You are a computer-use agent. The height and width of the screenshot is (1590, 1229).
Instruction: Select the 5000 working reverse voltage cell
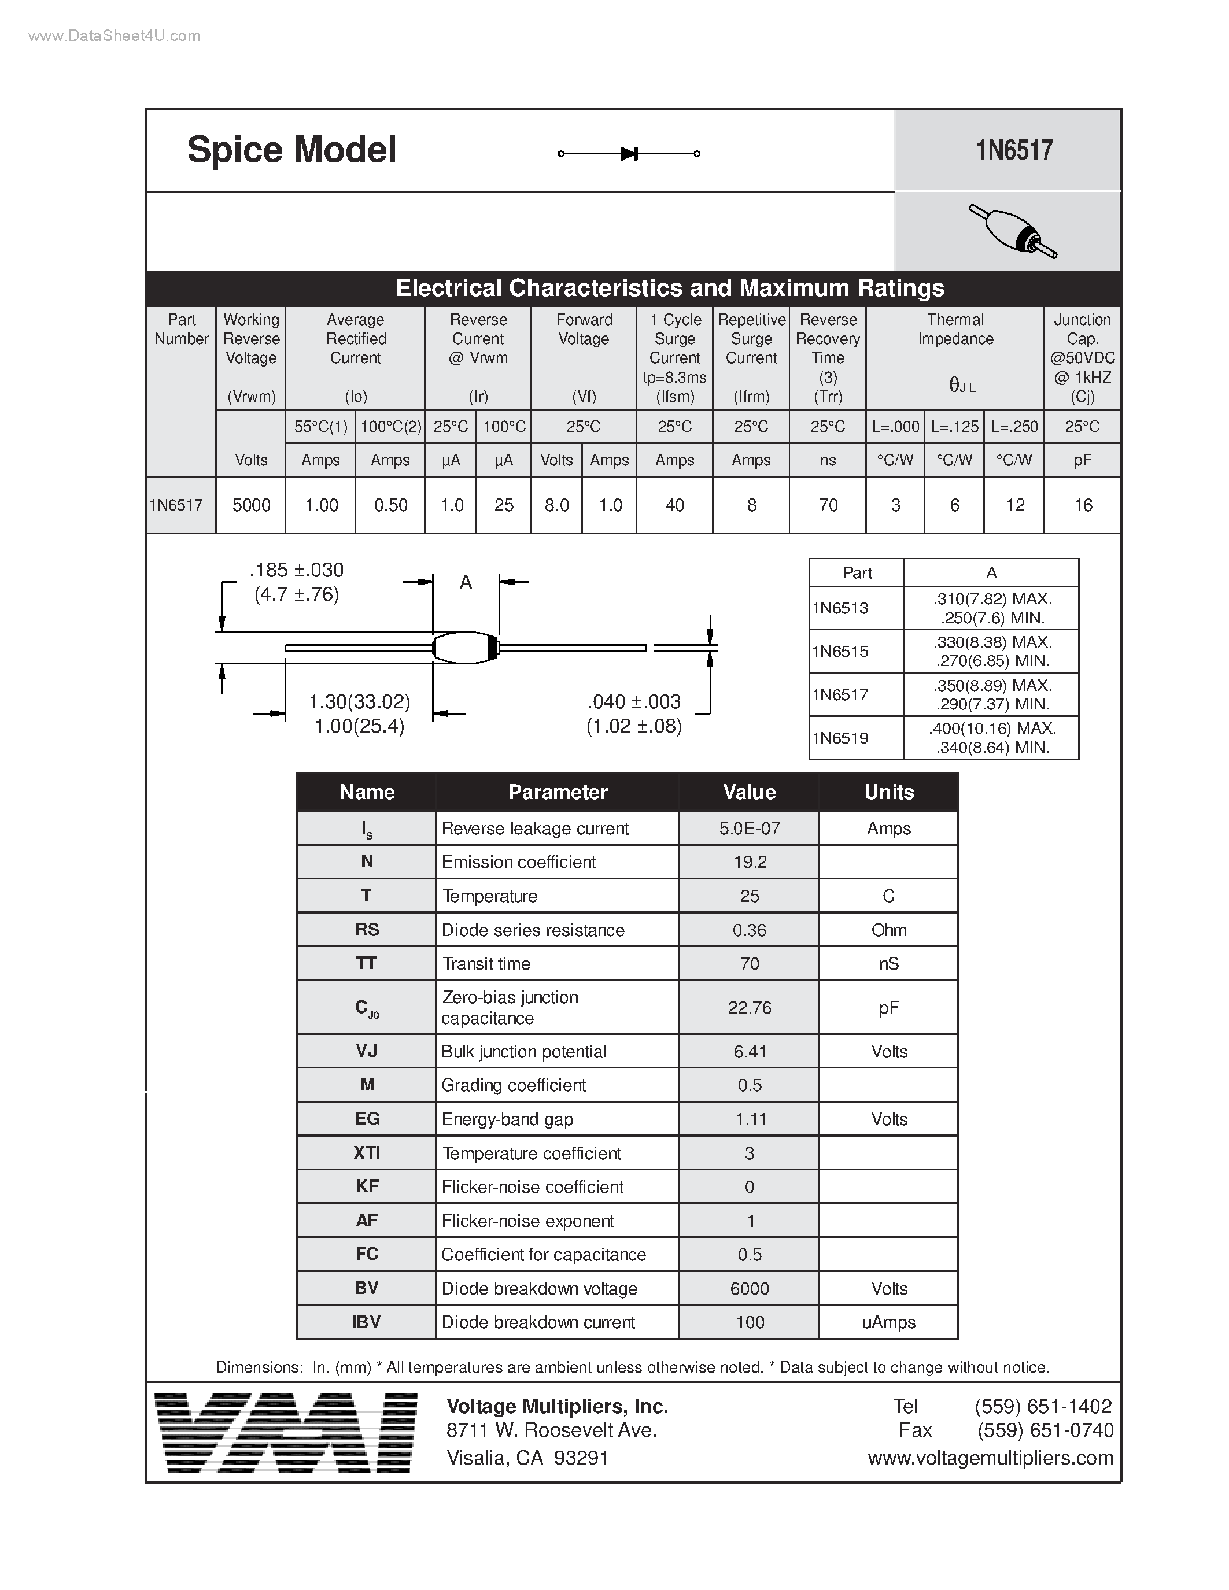[x=251, y=505]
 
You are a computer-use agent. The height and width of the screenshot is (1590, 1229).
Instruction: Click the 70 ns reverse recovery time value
[x=828, y=505]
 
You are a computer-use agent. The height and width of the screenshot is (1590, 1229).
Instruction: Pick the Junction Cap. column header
[x=1082, y=357]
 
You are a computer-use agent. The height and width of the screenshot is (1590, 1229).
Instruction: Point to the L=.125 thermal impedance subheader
[x=954, y=427]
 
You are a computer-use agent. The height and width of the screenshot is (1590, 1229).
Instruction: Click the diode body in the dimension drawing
[x=464, y=647]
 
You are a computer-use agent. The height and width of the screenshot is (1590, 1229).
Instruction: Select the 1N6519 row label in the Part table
[x=840, y=738]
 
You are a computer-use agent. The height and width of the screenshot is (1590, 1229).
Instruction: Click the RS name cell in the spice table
[x=366, y=930]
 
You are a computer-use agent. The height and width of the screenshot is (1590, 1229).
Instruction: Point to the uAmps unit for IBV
[x=888, y=1322]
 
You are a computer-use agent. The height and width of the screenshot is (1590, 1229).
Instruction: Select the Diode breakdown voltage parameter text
[x=540, y=1289]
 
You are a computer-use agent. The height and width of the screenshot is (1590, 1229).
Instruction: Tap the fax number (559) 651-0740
[x=1045, y=1430]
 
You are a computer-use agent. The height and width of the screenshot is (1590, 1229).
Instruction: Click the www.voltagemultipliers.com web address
[x=990, y=1458]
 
